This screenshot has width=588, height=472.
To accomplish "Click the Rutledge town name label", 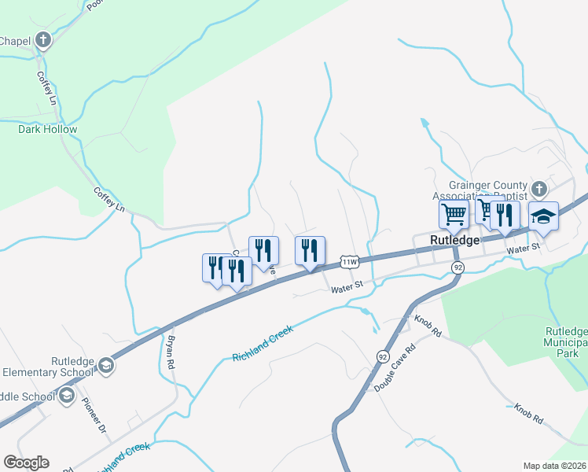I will (x=454, y=241).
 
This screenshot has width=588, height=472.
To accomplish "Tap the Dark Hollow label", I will (x=48, y=129).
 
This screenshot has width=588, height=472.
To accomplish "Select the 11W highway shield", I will (x=350, y=261).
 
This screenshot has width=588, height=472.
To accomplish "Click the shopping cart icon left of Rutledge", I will (x=454, y=213).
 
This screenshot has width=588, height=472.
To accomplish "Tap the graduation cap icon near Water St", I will (x=543, y=215).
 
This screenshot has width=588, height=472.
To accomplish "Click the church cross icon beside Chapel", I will (x=42, y=39).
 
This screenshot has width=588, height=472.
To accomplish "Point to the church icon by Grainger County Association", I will (x=538, y=189).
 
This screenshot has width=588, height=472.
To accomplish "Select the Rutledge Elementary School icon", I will (x=105, y=365).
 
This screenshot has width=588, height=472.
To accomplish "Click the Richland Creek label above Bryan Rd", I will (x=263, y=344).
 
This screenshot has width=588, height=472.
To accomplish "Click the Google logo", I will (x=26, y=463).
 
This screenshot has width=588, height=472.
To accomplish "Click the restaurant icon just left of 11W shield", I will (x=310, y=251).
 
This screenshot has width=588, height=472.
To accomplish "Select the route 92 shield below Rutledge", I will (x=458, y=268).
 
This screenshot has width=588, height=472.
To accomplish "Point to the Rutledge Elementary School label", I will (x=48, y=367).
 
